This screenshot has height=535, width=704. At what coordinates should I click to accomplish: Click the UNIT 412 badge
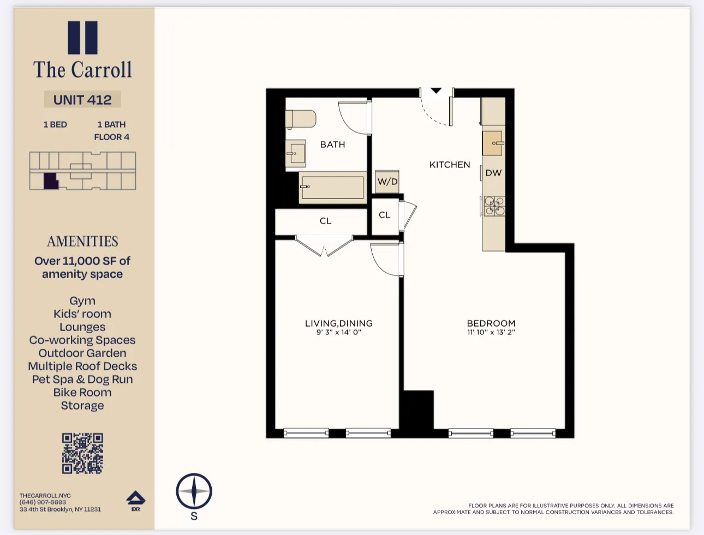pos(82,100)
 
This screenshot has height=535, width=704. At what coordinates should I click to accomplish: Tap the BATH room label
pos(332,145)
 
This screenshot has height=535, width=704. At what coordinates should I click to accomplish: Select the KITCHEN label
pos(449,165)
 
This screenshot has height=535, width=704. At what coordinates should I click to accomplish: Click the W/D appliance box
pos(387,182)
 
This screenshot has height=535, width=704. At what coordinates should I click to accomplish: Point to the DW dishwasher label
pos(493,173)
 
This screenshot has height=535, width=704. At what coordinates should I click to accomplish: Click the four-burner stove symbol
pos(494,206)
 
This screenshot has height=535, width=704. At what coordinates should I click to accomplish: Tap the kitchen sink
pos(492,143)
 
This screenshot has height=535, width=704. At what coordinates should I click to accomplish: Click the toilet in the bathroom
pos(300,119)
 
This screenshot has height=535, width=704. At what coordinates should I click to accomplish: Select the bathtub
pos(332,187)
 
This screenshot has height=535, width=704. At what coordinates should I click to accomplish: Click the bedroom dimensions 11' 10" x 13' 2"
pos(491,332)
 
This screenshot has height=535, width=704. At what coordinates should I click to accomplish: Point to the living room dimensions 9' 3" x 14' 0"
pos(338,332)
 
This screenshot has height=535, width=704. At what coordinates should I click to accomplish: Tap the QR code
pos(82,453)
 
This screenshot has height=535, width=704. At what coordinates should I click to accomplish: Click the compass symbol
pos(194,491)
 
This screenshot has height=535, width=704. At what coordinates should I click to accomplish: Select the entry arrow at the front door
pos(436,91)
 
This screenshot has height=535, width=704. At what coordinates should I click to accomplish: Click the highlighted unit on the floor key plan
pos(51,181)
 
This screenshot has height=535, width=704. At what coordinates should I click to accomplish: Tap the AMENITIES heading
pos(82,241)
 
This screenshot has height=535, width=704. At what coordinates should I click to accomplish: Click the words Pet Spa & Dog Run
pos(82,379)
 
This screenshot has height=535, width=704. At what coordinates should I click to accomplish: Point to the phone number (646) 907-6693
pos(43,502)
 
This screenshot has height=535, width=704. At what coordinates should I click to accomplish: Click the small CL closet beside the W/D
pos(385,215)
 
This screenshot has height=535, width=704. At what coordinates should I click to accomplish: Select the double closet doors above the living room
pos(324,247)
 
